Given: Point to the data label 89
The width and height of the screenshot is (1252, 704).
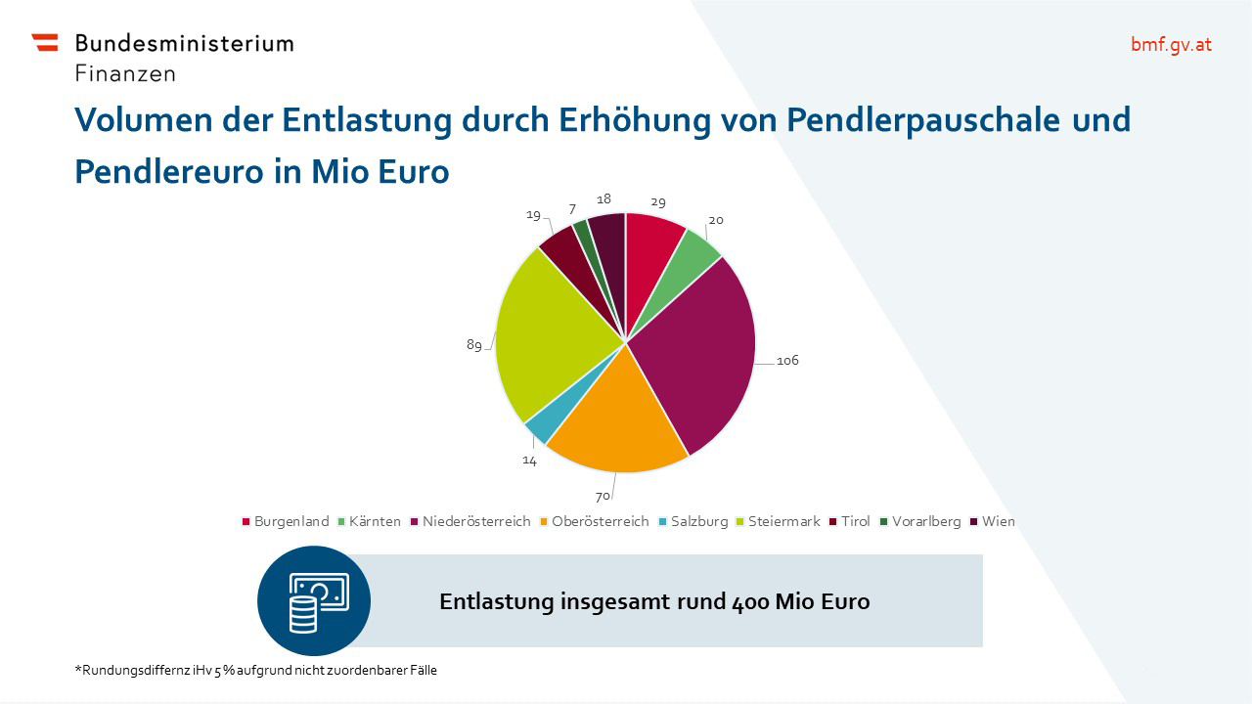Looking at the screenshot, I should tap(474, 345).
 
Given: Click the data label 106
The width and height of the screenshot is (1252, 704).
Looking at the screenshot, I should tap(787, 361).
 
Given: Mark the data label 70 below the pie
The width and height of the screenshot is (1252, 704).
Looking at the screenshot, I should tap(603, 497).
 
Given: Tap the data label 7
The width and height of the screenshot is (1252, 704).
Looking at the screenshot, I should tap(572, 210).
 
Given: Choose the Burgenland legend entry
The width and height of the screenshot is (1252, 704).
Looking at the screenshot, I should tap(286, 521).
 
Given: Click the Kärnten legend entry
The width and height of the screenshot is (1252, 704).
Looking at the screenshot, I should tap(369, 521).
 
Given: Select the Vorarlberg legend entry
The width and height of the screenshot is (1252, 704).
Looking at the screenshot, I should tap(919, 521).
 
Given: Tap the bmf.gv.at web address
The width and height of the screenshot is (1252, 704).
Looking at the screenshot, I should tap(1171, 44).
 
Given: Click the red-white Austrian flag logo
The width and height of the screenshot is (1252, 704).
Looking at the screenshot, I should tap(45, 42).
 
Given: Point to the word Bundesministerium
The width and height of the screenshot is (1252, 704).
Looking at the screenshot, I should tap(184, 43).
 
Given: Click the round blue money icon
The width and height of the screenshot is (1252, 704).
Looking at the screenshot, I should tap(314, 600).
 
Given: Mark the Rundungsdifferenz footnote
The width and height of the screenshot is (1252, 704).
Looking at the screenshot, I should tap(256, 671).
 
